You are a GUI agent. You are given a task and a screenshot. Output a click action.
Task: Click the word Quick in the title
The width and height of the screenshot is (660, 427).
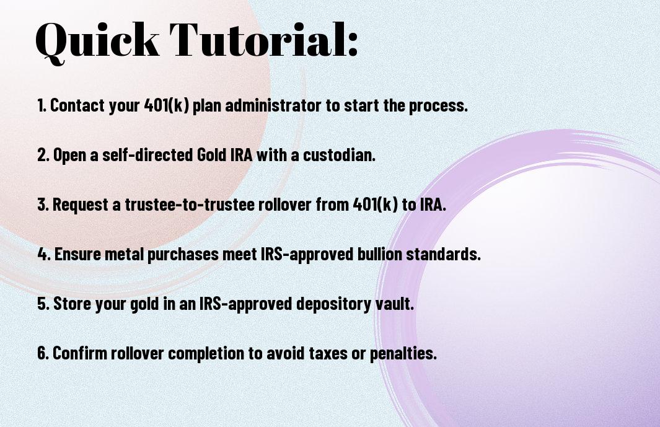click(97, 41)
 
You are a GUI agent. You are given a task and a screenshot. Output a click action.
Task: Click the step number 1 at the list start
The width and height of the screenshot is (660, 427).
click(42, 105)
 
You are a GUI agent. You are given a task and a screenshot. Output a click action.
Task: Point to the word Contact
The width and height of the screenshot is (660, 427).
click(77, 105)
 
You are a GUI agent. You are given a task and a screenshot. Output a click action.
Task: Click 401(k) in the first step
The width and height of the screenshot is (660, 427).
click(166, 105)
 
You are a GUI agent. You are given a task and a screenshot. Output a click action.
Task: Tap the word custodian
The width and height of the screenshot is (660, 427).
click(339, 154)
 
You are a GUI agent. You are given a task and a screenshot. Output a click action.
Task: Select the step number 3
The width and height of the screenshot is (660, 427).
click(43, 205)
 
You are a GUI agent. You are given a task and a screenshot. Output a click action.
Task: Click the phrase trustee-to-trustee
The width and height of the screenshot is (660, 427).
click(190, 205)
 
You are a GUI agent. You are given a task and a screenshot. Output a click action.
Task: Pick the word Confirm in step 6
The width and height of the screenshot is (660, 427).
click(80, 353)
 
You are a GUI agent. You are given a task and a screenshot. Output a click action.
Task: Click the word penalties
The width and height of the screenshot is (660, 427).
click(403, 353)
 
